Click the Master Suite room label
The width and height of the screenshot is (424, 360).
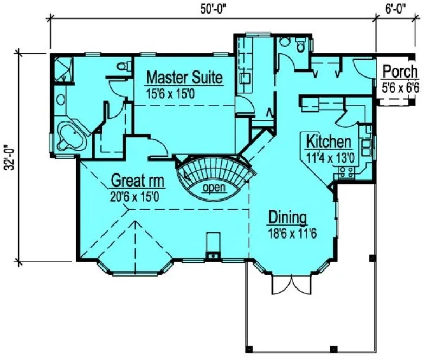pyautogui.click(x=184, y=78)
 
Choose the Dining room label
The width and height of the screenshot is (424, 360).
pyautogui.click(x=287, y=218)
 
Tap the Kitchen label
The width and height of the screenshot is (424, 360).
pyautogui.click(x=329, y=143)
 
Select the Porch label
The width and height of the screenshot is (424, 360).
pyautogui.click(x=400, y=72)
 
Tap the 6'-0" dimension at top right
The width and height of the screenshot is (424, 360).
pyautogui.click(x=396, y=8)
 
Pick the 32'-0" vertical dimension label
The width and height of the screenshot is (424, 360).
pyautogui.click(x=8, y=157)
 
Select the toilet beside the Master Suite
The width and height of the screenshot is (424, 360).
pyautogui.click(x=125, y=67)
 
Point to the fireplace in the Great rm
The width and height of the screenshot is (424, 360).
pyautogui.click(x=214, y=247)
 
